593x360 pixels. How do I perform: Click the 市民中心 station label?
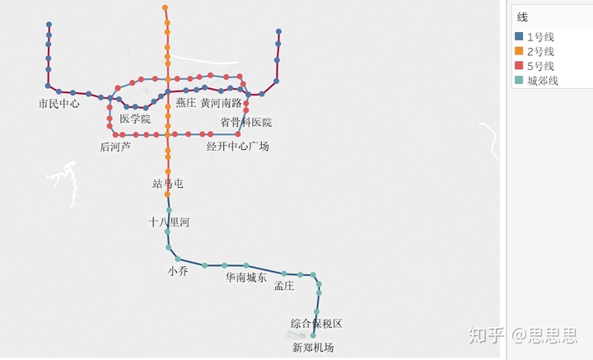[58, 104]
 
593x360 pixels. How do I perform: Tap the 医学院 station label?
[135, 119]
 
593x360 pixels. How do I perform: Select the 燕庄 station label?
[185, 104]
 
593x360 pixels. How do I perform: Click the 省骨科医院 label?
[245, 123]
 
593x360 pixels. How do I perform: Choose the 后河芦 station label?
[115, 147]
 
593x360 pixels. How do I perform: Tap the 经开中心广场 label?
[237, 147]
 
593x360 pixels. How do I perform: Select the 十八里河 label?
[169, 222]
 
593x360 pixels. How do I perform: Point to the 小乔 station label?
[178, 271]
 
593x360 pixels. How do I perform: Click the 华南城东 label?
[246, 278]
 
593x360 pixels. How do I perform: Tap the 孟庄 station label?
[284, 286]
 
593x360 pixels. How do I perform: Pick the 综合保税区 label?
[315, 324]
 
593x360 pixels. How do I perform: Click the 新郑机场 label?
[313, 348]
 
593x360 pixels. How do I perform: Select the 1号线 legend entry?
[540, 36]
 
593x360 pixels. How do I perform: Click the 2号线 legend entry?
[540, 51]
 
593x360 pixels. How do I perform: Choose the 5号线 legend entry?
[540, 66]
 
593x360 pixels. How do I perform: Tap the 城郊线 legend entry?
[543, 81]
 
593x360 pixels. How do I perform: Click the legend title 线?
[522, 17]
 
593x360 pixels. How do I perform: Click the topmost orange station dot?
[165, 7]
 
